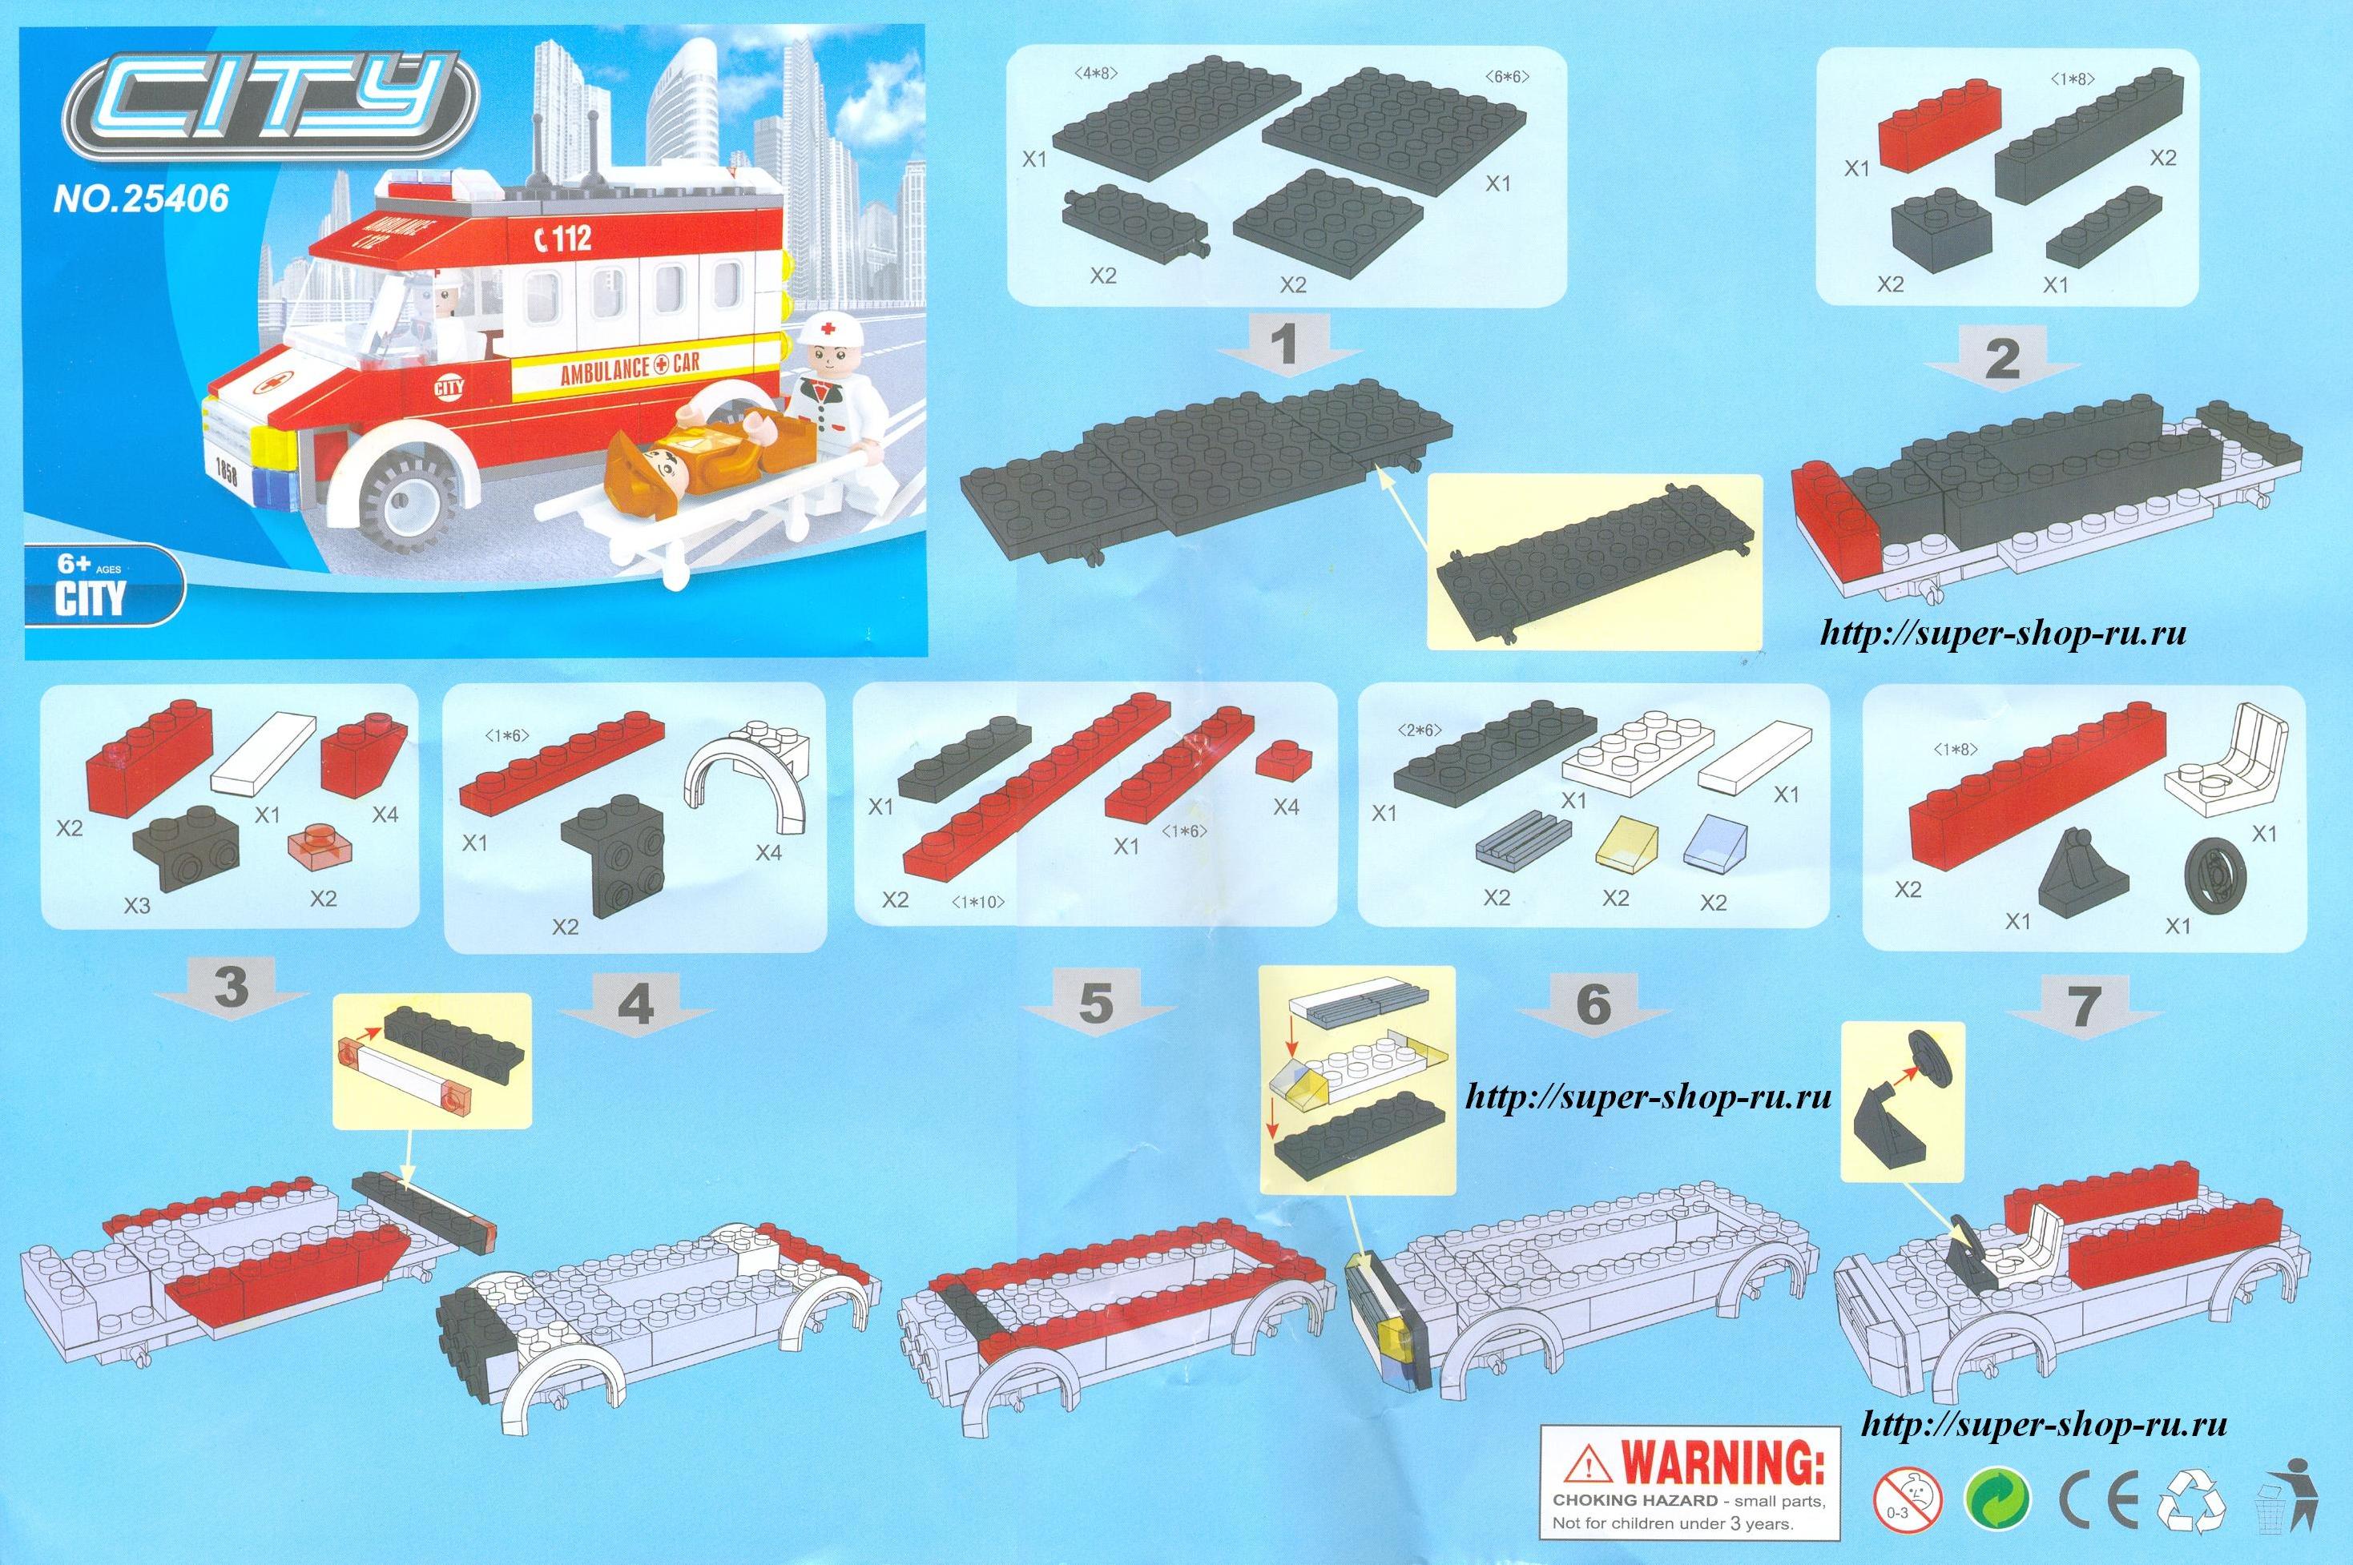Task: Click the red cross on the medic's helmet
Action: [x=828, y=328]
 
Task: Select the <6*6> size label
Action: [x=1505, y=76]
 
